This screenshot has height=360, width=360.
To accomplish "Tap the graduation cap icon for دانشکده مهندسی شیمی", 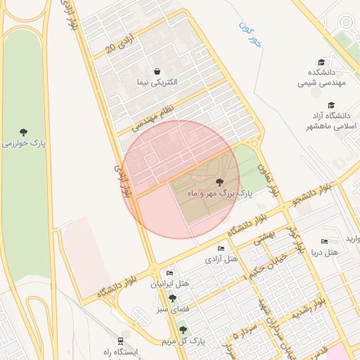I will click(321, 62).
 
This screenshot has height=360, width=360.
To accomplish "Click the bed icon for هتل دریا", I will click(324, 241).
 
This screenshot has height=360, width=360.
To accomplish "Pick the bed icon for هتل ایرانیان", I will click(169, 273).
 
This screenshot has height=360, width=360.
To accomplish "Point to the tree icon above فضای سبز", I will click(172, 298).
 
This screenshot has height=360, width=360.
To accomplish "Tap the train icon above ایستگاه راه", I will click(121, 340).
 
